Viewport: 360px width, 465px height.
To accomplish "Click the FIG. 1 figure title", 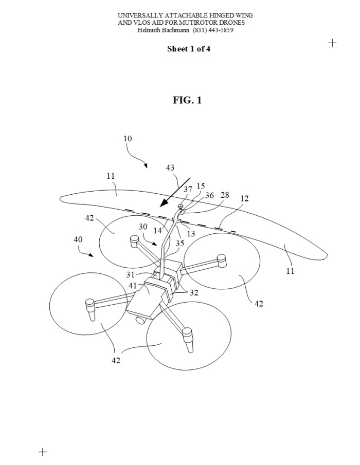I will coord(187,100).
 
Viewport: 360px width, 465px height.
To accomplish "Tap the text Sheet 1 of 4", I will coord(188,49).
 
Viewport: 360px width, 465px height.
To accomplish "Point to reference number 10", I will coord(128,138).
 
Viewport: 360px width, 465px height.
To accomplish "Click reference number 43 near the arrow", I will coord(170,168).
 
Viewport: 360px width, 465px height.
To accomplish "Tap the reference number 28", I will coord(225,196).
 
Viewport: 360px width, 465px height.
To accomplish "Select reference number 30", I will coord(143,227).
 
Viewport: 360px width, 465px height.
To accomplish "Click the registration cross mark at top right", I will coord(333,43).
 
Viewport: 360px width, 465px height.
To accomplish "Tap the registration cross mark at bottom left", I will coord(43,452).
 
